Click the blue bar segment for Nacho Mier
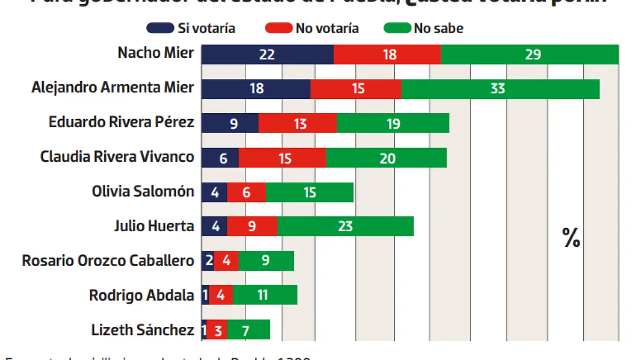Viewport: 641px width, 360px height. click(267, 54)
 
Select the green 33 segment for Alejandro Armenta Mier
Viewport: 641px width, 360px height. click(500, 89)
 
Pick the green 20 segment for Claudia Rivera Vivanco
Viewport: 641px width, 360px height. click(386, 158)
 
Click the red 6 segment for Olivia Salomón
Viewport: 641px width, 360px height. click(246, 192)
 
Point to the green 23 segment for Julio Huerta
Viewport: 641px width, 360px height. click(345, 226)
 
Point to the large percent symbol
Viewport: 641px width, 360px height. click(571, 238)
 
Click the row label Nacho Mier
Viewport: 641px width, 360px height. click(155, 53)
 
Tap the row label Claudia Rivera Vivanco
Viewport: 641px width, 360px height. click(117, 157)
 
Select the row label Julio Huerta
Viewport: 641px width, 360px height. click(154, 226)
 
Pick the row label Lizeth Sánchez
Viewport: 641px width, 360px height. click(142, 330)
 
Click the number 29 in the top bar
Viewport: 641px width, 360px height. click(533, 54)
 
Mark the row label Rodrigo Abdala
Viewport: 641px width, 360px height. click(141, 295)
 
